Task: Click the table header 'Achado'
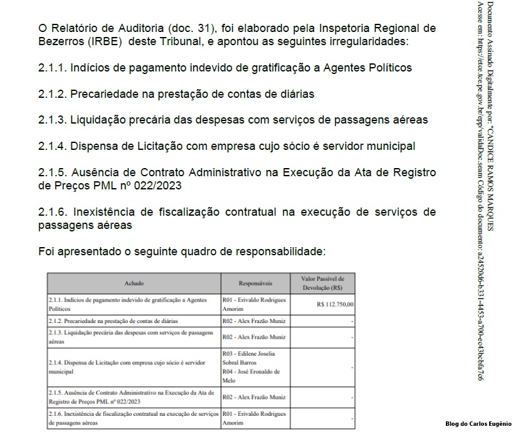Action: tap(134, 283)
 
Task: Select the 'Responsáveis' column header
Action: tap(255, 283)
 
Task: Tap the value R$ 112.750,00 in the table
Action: tap(336, 304)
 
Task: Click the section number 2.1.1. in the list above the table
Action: tap(51, 67)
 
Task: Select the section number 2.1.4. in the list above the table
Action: tap(52, 146)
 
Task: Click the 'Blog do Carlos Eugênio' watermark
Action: tap(478, 424)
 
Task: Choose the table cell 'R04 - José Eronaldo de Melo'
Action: tap(251, 376)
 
